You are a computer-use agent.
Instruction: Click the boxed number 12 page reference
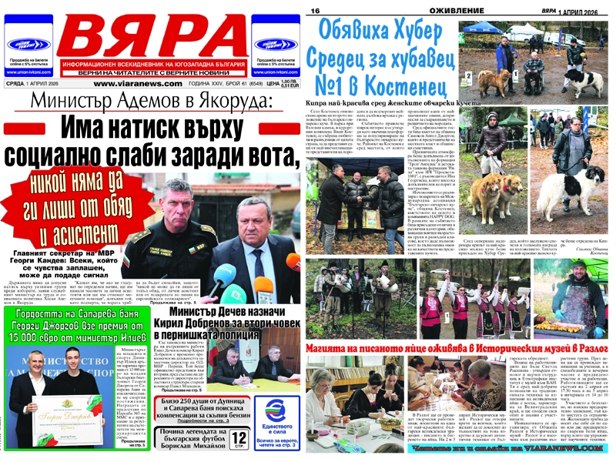pos(238,439)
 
